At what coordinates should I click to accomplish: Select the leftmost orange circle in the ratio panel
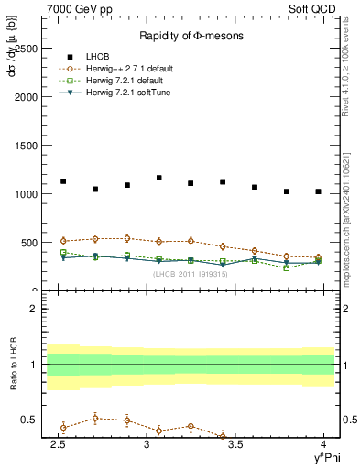click(x=63, y=427)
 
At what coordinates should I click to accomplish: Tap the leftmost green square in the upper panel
click(x=63, y=252)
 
